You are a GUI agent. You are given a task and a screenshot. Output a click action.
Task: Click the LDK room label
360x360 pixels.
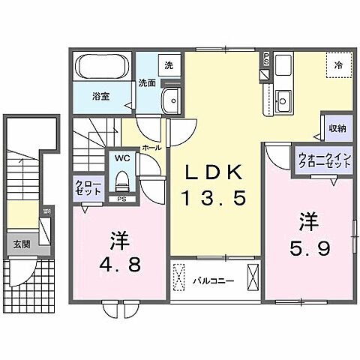214,172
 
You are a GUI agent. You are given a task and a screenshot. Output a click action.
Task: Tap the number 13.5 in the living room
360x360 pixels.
214,199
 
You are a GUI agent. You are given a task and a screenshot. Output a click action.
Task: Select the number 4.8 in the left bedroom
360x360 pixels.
119,263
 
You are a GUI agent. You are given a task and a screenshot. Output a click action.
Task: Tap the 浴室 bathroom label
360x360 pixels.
102,95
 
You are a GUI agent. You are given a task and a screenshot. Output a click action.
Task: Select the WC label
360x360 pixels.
121,159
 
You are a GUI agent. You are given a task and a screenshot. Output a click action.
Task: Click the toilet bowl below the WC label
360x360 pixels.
121,180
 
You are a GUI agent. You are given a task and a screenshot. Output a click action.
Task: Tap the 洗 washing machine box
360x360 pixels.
169,65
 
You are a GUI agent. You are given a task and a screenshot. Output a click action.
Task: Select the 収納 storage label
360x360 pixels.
337,128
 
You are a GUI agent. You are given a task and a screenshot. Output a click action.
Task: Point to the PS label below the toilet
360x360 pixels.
121,199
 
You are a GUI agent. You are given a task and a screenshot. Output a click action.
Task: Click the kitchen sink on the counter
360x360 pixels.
283,98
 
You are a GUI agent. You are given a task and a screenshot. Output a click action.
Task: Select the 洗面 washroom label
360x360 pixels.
147,83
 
